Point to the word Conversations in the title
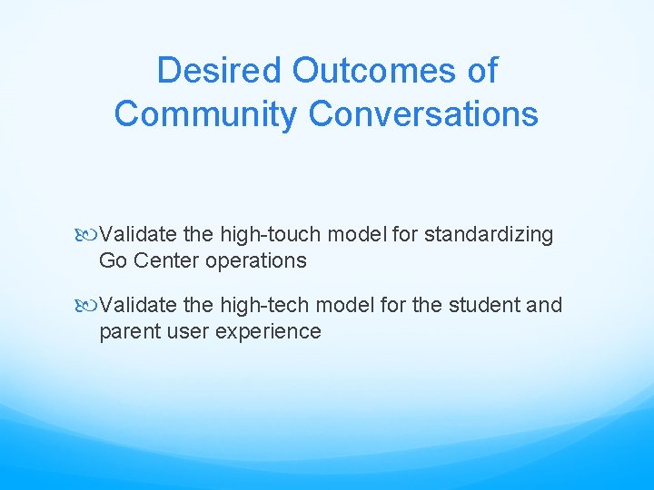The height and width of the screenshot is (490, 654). click(423, 114)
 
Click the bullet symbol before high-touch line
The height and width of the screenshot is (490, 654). click(89, 235)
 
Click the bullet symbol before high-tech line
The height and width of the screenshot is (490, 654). click(89, 306)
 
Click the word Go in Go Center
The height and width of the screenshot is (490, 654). click(113, 260)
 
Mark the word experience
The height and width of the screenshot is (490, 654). click(268, 331)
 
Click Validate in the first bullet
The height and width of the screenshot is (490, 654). click(138, 235)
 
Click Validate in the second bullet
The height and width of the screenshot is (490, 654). click(138, 306)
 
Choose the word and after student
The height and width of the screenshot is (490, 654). click(544, 306)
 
